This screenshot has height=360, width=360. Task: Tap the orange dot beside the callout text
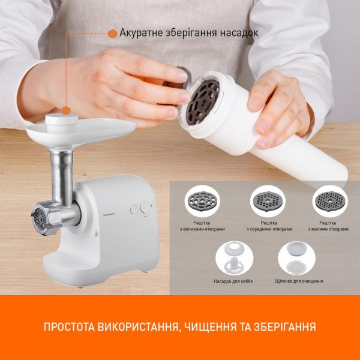(x=113, y=34)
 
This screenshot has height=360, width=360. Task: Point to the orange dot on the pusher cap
(x=66, y=110)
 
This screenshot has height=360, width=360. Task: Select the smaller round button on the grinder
(x=134, y=209)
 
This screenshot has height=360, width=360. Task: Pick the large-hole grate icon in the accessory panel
(x=202, y=201)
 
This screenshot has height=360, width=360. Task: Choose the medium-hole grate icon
(x=268, y=201)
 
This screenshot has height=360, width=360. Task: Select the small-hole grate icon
(x=330, y=201)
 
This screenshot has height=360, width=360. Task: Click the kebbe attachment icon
(x=235, y=258)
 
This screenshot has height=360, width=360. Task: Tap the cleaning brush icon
(x=296, y=258)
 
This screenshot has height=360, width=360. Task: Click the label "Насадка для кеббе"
(x=233, y=281)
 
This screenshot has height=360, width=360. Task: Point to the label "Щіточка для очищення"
(x=299, y=281)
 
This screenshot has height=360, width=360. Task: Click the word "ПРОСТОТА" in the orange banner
(x=69, y=327)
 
